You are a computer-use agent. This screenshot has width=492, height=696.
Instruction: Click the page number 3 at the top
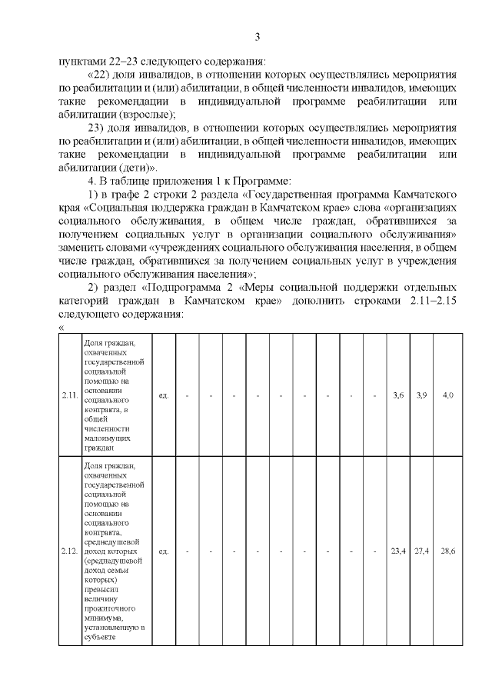pyautogui.click(x=258, y=37)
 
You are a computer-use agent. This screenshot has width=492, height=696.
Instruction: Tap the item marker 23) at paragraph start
pyautogui.click(x=98, y=127)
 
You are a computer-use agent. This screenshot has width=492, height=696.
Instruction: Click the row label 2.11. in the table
pyautogui.click(x=69, y=395)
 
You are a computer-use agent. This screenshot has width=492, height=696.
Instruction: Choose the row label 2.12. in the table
pyautogui.click(x=69, y=551)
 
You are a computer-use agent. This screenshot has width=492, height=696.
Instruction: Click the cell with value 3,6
pyautogui.click(x=397, y=395)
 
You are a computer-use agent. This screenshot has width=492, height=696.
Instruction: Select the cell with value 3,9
pyautogui.click(x=421, y=395)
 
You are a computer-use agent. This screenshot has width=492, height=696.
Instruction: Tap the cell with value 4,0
pyautogui.click(x=448, y=395)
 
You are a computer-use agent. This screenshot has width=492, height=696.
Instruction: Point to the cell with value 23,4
pyautogui.click(x=397, y=551)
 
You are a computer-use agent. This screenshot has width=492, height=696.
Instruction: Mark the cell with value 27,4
pyautogui.click(x=421, y=551)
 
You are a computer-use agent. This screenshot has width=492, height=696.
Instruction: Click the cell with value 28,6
pyautogui.click(x=448, y=551)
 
